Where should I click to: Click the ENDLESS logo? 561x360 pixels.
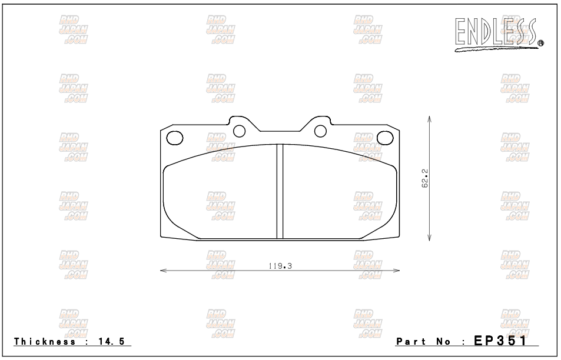click(x=497, y=34)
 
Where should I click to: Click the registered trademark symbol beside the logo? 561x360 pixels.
click(x=540, y=44)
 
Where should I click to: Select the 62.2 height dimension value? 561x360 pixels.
click(x=425, y=179)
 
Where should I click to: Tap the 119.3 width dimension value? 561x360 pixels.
click(x=280, y=266)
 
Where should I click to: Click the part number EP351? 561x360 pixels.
click(x=500, y=341)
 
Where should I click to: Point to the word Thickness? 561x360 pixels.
click(x=45, y=341)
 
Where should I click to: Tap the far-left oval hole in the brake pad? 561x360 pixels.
click(x=175, y=138)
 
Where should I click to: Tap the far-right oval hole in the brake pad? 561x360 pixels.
click(x=385, y=138)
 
